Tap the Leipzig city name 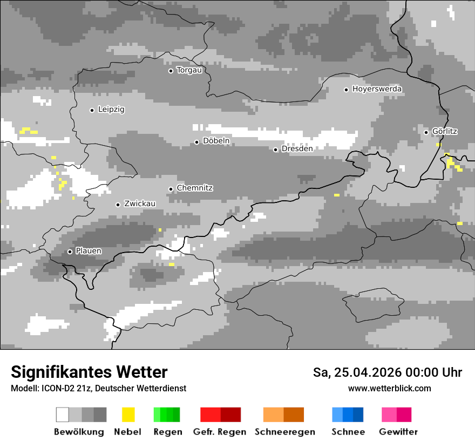click(x=111, y=110)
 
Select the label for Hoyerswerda click(x=377, y=89)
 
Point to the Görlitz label click(x=445, y=131)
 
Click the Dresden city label click(x=297, y=149)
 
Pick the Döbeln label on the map click(x=216, y=141)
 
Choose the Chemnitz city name click(x=194, y=188)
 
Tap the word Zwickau click(x=140, y=204)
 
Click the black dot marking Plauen click(x=70, y=252)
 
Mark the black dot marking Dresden click(x=275, y=150)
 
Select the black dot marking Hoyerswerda click(x=346, y=90)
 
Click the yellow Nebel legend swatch click(x=128, y=415)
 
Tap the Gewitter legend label click(x=398, y=432)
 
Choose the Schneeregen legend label click(x=285, y=432)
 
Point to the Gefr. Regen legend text click(x=220, y=432)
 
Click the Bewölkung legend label click(x=79, y=432)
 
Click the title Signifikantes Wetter click(x=89, y=372)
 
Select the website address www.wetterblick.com click(x=389, y=389)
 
